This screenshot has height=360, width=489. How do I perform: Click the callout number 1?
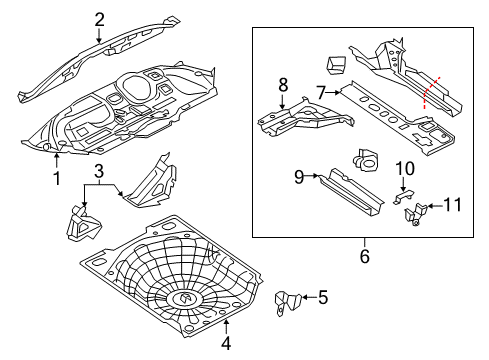[x=57, y=179]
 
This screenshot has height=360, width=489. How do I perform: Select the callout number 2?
[x=99, y=18]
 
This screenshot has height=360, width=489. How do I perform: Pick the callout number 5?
[x=322, y=296]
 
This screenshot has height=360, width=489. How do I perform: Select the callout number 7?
[x=321, y=92]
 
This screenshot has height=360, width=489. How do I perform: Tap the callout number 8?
[x=283, y=84]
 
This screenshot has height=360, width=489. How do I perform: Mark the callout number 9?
[x=298, y=178]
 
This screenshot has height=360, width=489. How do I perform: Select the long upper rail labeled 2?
[x=100, y=55]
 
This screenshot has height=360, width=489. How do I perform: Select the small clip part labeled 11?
[x=413, y=213]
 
